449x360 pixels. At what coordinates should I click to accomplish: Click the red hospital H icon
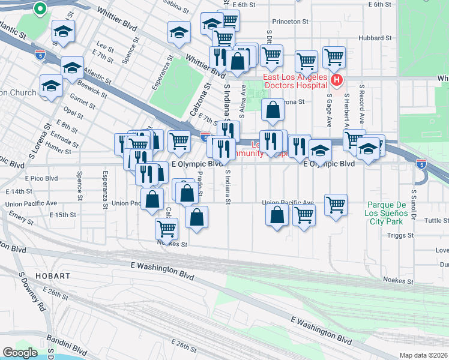(337, 80)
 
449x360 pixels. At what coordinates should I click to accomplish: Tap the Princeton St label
(290, 21)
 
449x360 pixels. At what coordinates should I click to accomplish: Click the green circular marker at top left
(40, 8)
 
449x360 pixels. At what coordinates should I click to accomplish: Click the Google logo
(20, 353)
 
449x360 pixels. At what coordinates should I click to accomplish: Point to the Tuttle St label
(436, 220)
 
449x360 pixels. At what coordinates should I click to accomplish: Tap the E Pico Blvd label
(41, 178)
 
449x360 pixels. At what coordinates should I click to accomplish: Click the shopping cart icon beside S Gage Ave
(335, 58)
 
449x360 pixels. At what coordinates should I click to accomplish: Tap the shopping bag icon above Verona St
(273, 110)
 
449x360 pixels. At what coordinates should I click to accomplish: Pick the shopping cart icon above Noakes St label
(166, 228)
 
